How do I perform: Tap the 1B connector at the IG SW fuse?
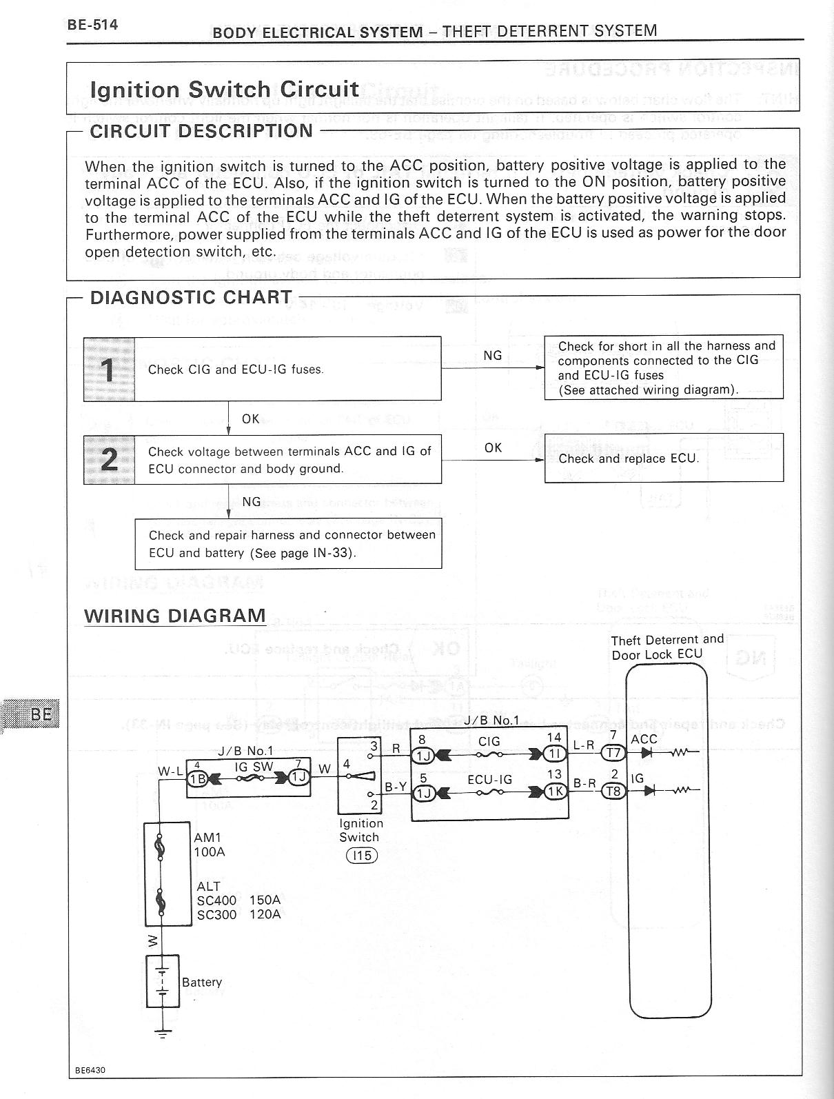pyautogui.click(x=199, y=779)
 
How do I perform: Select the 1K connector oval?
pyautogui.click(x=555, y=792)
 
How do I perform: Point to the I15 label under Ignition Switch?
pyautogui.click(x=361, y=856)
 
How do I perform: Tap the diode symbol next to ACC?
pyautogui.click(x=647, y=753)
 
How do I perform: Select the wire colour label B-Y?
pyautogui.click(x=395, y=786)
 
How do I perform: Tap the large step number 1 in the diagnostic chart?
pyautogui.click(x=108, y=370)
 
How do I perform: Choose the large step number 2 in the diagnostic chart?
pyautogui.click(x=108, y=459)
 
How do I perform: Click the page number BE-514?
pyautogui.click(x=92, y=26)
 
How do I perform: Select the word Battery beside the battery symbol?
pyautogui.click(x=202, y=982)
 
